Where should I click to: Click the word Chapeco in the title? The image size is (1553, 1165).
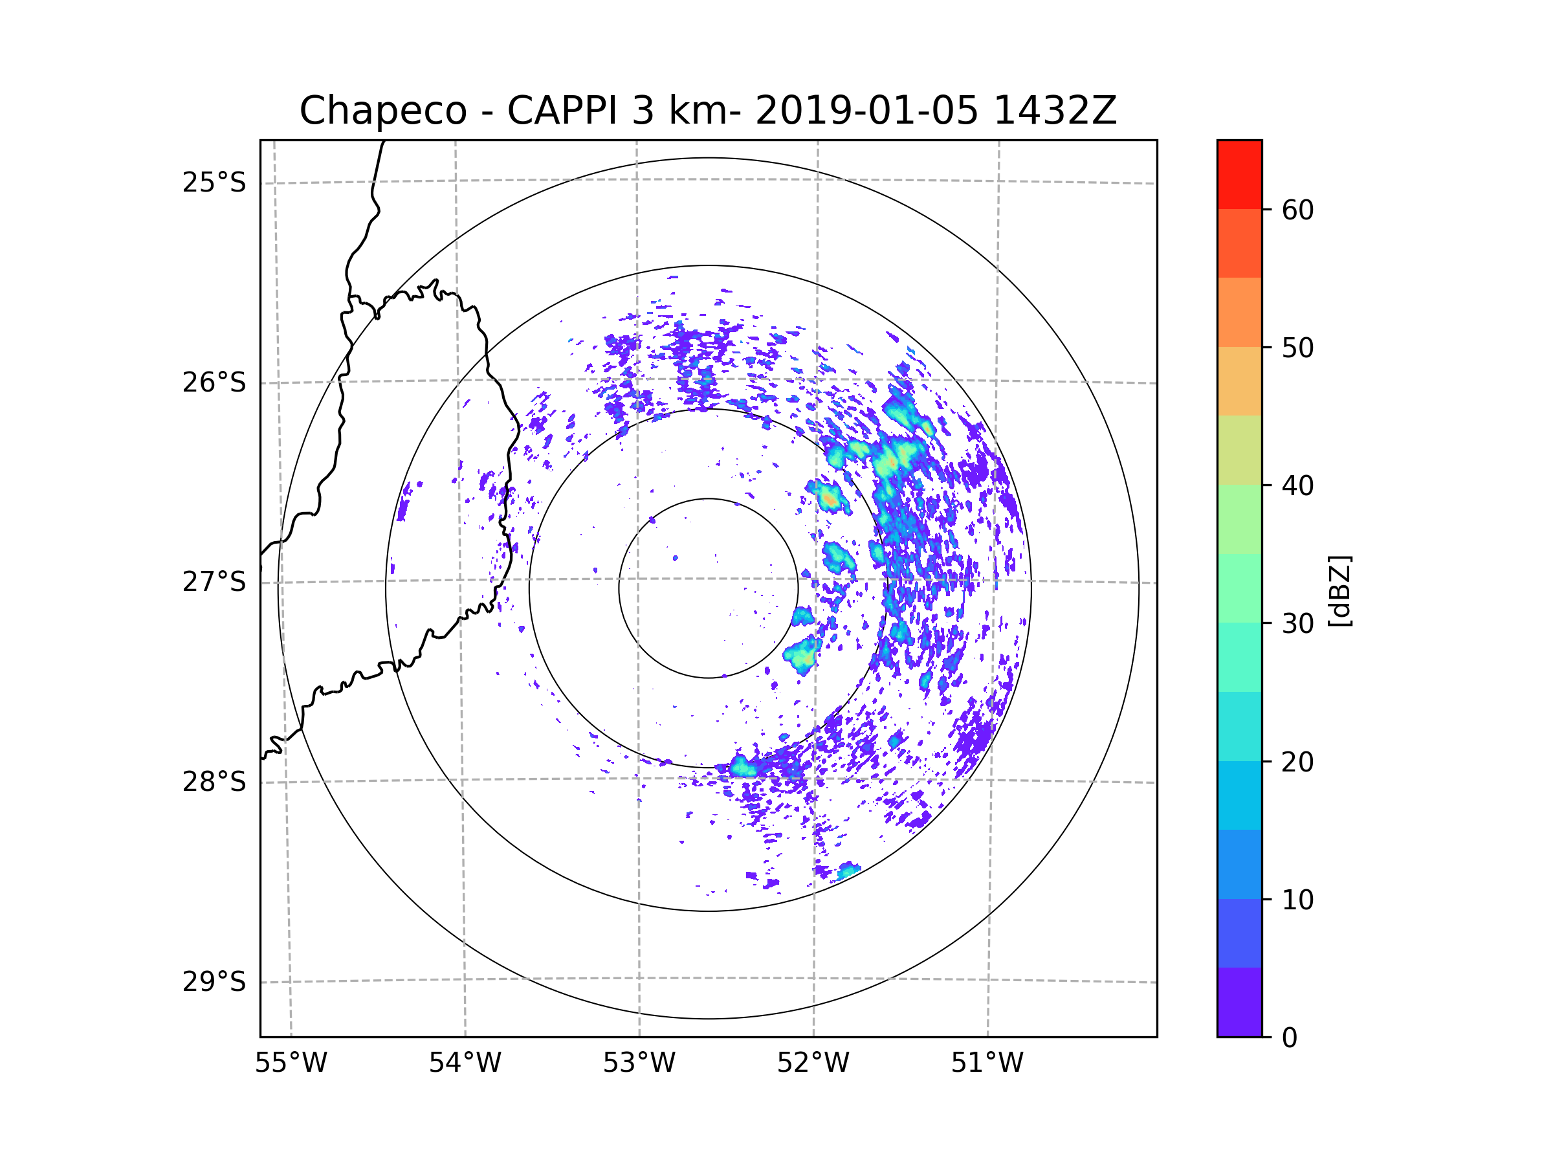(x=382, y=111)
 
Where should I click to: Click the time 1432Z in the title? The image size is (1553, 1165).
(x=1055, y=111)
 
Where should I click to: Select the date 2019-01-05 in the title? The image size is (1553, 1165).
(x=866, y=111)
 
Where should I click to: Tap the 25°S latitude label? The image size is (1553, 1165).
(x=214, y=183)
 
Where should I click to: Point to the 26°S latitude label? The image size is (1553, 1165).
(x=214, y=383)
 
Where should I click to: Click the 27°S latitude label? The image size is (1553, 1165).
(x=214, y=582)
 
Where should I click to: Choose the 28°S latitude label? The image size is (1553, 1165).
(x=214, y=782)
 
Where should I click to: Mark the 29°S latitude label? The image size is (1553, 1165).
(x=214, y=982)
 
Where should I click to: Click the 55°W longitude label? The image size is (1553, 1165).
(x=291, y=1063)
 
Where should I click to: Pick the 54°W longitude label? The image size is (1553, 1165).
(x=465, y=1063)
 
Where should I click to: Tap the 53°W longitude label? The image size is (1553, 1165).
(x=639, y=1063)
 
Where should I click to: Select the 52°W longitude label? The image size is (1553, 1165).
(x=813, y=1063)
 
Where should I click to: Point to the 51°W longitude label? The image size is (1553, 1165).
(x=987, y=1063)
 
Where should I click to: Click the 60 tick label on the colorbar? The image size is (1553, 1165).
(x=1297, y=210)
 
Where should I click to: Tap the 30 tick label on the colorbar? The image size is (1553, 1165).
(x=1297, y=623)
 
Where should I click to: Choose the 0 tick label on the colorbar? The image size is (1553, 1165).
(x=1290, y=1038)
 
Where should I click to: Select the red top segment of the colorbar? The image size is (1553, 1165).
(x=1239, y=174)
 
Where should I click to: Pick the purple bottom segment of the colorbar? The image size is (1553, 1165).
(x=1239, y=1002)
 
